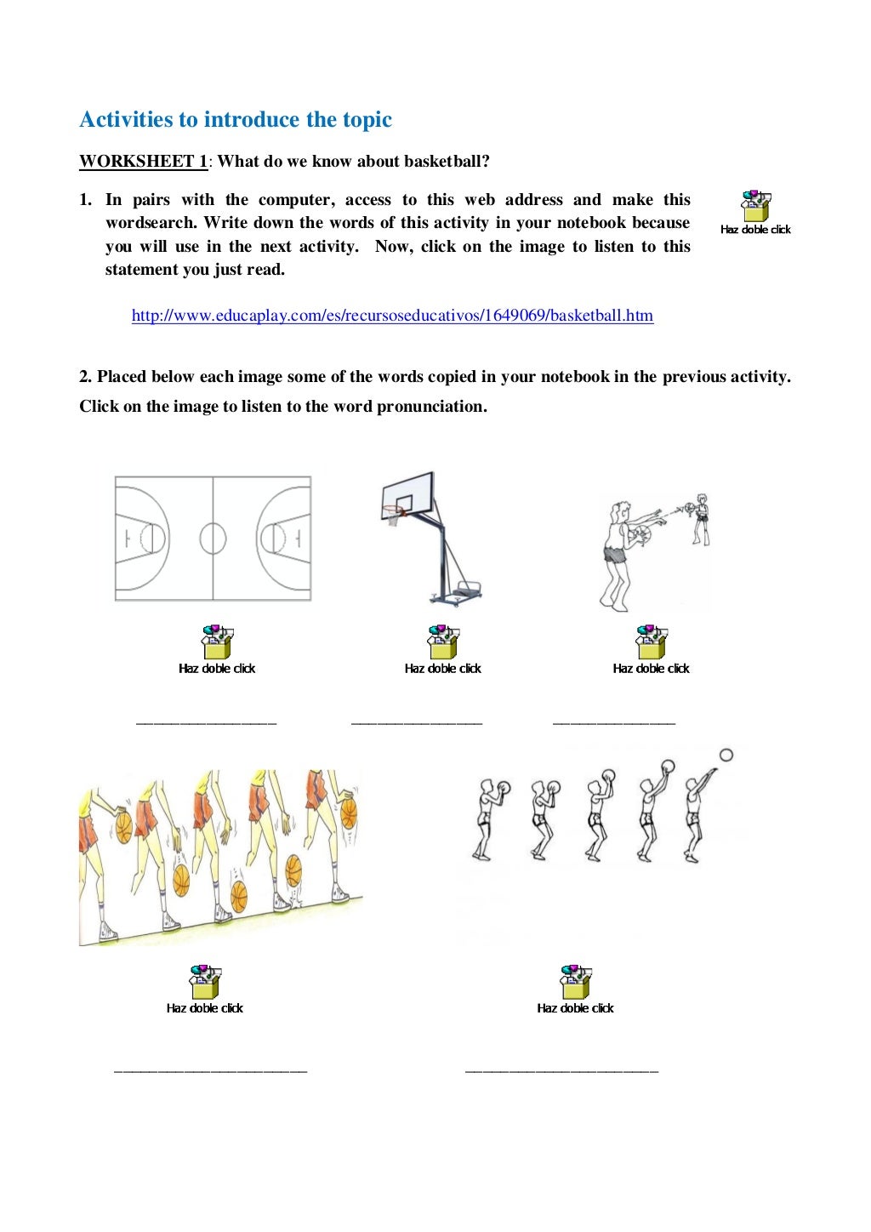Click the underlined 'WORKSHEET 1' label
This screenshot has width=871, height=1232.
143,162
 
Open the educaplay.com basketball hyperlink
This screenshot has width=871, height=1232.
392,316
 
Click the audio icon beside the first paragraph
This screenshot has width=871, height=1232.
755,207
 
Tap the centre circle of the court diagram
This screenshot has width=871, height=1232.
213,539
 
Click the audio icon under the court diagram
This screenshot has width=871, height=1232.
217,643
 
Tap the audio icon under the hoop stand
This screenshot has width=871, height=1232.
442,643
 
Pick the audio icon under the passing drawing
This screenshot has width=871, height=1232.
651,643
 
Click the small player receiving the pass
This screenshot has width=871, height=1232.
700,519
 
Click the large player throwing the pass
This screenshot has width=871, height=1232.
617,553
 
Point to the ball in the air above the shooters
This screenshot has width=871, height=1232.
726,755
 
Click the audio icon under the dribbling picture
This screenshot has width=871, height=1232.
205,983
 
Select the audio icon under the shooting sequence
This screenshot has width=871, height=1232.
575,983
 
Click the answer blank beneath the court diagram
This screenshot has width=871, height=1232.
206,723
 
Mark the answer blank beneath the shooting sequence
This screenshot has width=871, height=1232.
561,1070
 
